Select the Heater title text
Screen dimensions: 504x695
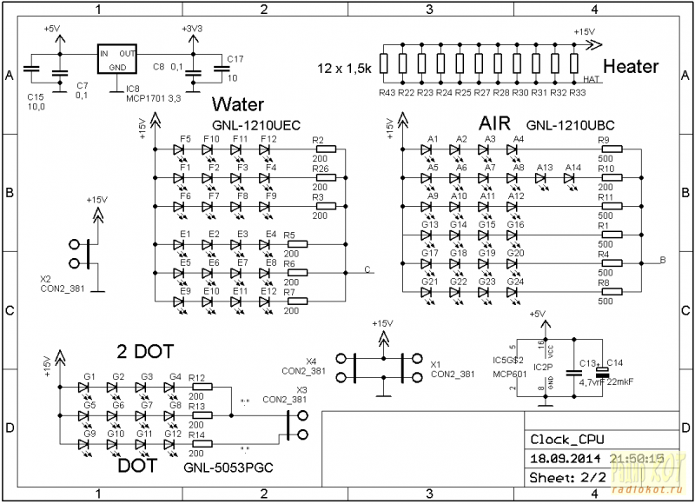(630, 67)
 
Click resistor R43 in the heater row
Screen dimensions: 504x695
(386, 63)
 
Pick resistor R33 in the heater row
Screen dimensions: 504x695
(576, 63)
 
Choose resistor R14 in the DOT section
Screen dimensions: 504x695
(199, 443)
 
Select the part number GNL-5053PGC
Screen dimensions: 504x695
(228, 468)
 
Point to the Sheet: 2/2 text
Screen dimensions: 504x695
(567, 477)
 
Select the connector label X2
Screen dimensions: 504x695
(45, 280)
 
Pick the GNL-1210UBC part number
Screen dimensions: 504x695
(562, 125)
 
